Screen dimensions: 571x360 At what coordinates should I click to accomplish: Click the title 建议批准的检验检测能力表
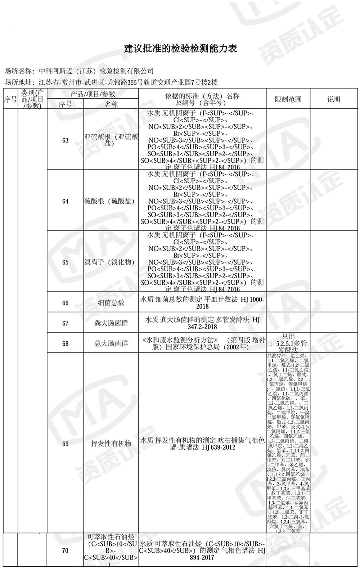[181, 49]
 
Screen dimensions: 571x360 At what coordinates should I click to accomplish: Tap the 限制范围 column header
[288, 99]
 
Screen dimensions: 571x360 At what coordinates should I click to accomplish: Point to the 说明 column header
[333, 99]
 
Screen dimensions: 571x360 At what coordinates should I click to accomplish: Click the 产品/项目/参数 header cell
[93, 94]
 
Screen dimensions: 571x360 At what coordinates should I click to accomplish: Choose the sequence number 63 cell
[65, 140]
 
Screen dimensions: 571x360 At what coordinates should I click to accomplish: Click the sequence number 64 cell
[65, 201]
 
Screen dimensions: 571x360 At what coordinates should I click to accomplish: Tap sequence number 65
[65, 262]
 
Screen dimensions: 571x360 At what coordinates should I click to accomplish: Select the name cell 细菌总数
[111, 303]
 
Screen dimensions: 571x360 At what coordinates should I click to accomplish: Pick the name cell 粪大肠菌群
[111, 323]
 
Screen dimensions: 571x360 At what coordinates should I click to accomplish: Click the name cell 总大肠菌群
[111, 343]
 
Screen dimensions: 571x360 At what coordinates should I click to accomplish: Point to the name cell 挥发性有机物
[111, 444]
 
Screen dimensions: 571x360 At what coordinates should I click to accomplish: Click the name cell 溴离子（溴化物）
[111, 262]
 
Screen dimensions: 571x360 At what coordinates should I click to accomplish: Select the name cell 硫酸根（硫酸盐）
[111, 201]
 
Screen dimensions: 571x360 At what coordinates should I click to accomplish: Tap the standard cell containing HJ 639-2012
[202, 444]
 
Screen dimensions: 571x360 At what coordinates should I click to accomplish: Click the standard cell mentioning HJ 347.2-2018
[202, 323]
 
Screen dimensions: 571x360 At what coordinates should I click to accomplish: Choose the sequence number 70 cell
[65, 551]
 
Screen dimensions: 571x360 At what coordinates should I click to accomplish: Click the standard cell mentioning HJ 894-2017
[202, 551]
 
